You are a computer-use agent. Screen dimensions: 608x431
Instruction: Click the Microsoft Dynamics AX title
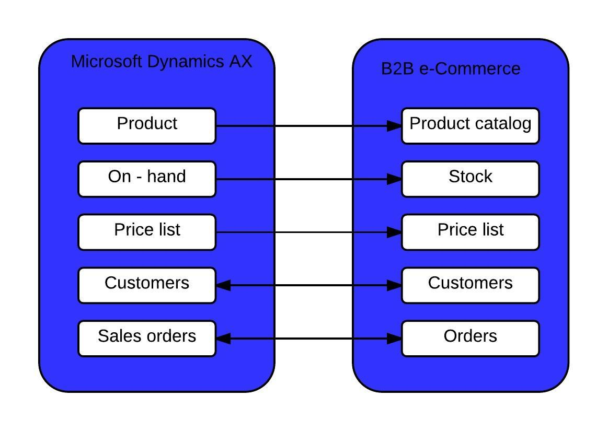162,62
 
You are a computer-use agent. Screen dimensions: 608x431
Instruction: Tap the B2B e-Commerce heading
451,68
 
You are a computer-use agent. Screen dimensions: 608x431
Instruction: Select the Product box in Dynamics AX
147,126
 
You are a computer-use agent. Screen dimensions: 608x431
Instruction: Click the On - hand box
147,179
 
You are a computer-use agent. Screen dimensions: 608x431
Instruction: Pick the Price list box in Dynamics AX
147,232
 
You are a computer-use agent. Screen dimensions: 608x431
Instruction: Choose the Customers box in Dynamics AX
147,285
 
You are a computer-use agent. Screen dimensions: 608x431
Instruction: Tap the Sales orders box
147,339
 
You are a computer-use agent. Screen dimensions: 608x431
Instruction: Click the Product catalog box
471,126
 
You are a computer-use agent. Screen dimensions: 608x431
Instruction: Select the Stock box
471,179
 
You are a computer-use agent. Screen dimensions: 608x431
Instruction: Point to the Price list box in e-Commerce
471,232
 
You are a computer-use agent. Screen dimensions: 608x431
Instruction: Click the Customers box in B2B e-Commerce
471,285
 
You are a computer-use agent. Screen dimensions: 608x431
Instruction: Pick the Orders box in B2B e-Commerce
471,339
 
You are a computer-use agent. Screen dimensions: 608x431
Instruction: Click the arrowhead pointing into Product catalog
394,126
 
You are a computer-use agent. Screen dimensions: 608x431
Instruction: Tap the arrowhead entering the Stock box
394,179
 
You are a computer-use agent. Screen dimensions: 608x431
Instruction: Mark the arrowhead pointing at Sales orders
223,339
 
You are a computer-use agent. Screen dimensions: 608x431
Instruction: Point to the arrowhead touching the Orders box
394,339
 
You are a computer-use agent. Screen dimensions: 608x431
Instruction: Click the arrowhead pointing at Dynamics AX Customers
223,286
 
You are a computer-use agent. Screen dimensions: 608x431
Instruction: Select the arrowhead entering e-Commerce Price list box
394,232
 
